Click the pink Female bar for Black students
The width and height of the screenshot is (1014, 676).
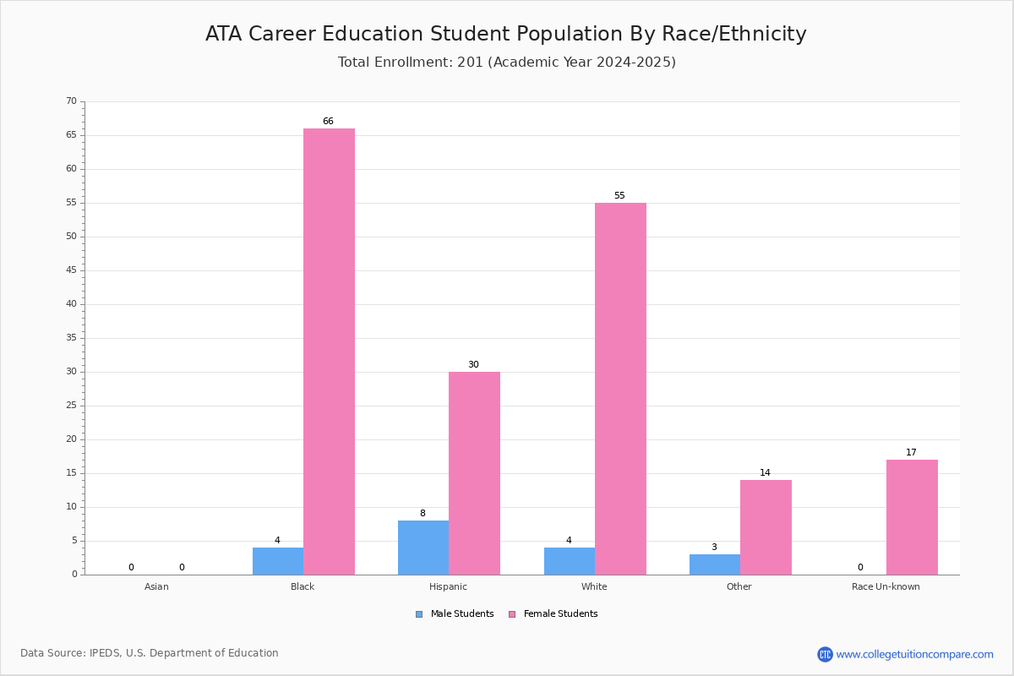point(329,352)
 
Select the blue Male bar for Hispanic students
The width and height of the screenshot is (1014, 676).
point(423,548)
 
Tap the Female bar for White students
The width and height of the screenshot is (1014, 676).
point(620,389)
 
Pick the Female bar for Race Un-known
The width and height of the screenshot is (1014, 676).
point(912,517)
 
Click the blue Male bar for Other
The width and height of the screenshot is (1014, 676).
point(715,564)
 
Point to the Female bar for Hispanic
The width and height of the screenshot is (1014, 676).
point(474,473)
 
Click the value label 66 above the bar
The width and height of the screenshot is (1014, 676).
point(328,121)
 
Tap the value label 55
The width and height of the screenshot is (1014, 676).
point(619,195)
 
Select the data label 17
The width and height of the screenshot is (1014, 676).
point(911,452)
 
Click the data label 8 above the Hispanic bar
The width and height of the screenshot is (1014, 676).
point(422,513)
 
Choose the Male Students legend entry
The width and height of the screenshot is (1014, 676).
point(455,613)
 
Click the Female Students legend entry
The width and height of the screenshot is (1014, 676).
point(553,613)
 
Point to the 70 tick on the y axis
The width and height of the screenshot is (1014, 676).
point(72,101)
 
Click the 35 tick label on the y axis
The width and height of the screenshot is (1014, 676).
point(72,337)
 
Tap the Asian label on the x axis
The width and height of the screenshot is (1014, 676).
point(156,586)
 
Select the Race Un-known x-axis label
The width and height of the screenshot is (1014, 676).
point(886,586)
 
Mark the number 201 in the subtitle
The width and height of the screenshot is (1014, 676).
point(470,62)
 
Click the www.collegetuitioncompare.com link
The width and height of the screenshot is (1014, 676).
point(914,654)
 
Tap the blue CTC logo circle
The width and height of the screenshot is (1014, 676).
point(825,654)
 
